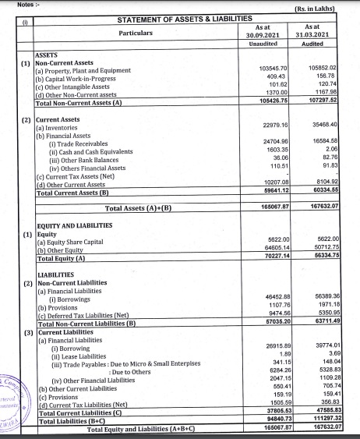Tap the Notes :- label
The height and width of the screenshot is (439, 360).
coord(16,3)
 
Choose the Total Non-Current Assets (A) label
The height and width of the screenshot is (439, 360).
coord(79,102)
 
